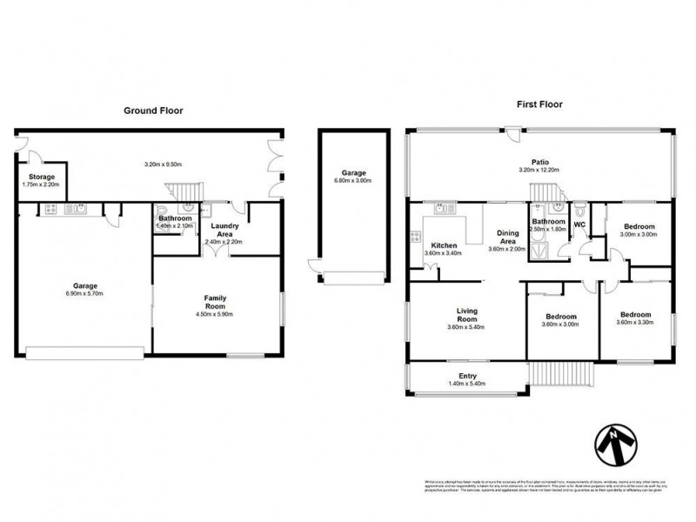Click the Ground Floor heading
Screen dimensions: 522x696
coord(153,110)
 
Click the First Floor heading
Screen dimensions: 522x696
coord(540,104)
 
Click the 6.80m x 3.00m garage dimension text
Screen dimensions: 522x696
coord(352,181)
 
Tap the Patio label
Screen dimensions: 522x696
coord(540,161)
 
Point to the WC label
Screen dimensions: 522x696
coord(579,223)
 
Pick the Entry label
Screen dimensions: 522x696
coord(467,376)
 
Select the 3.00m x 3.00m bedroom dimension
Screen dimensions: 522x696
coord(637,235)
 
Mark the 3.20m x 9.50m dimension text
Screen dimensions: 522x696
coord(166,164)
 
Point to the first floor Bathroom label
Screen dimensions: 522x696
coord(550,222)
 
